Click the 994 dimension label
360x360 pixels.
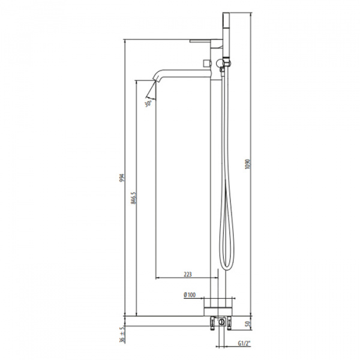[x=122, y=178]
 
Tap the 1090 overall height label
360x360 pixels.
[x=247, y=164]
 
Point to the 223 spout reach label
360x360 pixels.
[x=188, y=274]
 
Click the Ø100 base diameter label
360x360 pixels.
[x=190, y=295]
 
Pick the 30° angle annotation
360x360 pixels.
[x=148, y=104]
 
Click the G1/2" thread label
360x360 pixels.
[x=244, y=343]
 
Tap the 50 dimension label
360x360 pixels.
[x=247, y=325]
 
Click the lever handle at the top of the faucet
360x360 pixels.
[x=206, y=41]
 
